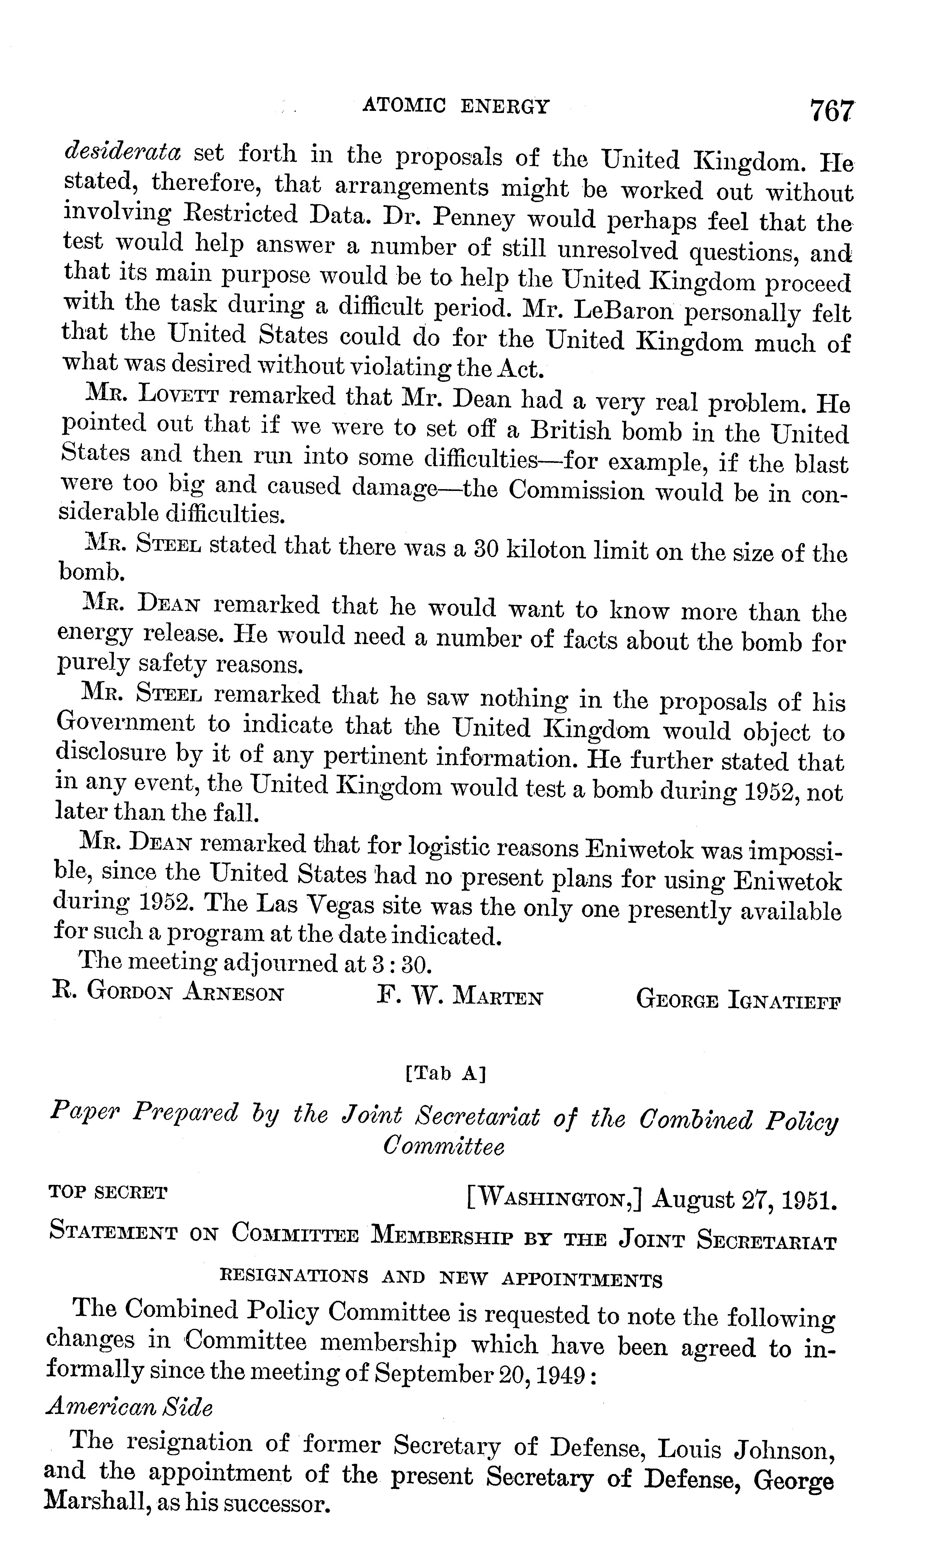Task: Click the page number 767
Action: (832, 112)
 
